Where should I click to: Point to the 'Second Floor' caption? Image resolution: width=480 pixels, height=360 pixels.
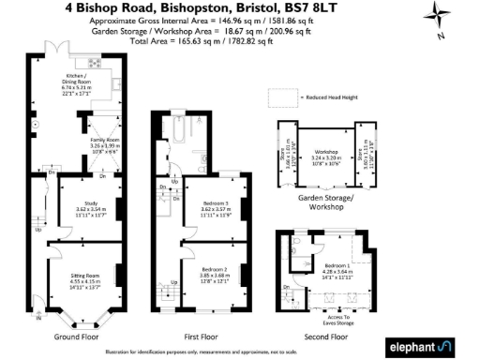tap(327, 335)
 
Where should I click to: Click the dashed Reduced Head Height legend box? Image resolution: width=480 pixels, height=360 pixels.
tap(281, 97)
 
